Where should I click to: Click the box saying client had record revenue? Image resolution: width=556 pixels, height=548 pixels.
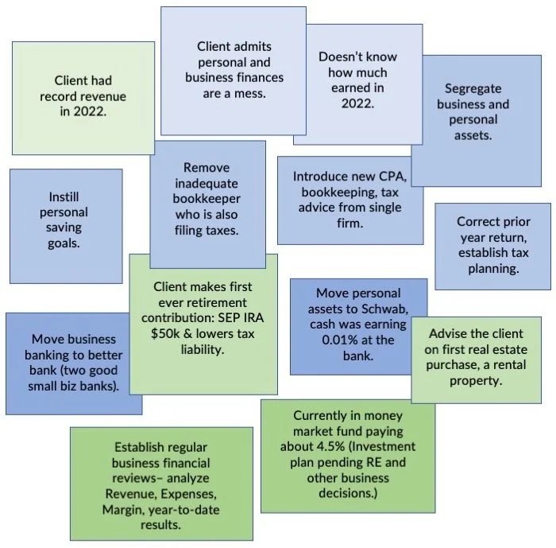point(83,96)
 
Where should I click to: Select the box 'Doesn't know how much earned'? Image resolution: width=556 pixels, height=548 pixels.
point(357,80)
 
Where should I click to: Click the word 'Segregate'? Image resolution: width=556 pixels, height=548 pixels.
point(473,88)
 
